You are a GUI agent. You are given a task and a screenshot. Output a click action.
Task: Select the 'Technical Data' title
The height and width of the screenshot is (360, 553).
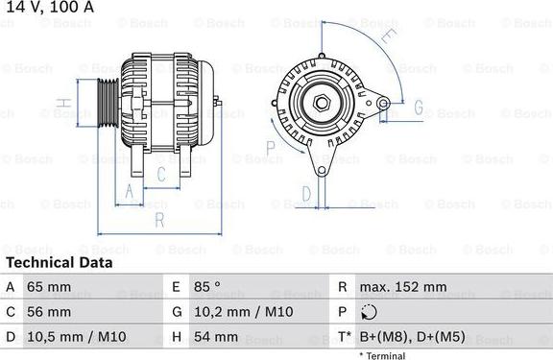(x=59, y=262)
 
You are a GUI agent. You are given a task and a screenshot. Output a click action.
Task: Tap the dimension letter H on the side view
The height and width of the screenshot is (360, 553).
(x=60, y=104)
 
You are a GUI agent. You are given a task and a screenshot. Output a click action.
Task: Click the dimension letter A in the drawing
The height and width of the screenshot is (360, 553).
(x=129, y=192)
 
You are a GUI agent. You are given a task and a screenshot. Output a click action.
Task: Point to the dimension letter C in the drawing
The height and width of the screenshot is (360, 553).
(x=161, y=174)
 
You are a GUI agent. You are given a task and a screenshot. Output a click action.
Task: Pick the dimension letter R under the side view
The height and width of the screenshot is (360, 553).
(x=159, y=220)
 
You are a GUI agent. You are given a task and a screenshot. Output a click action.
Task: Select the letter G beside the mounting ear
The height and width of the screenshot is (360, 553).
(x=418, y=107)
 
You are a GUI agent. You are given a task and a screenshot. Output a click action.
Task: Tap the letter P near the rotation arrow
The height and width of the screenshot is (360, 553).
(x=271, y=146)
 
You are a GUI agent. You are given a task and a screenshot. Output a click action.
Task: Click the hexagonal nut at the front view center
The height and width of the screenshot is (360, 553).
(x=320, y=101)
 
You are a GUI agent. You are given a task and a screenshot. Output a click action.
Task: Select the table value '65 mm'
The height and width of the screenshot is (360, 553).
(x=50, y=287)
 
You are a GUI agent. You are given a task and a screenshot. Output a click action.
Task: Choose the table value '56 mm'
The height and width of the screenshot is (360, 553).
(x=50, y=312)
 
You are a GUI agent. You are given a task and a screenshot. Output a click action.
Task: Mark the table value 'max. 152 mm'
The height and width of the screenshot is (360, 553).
(x=403, y=287)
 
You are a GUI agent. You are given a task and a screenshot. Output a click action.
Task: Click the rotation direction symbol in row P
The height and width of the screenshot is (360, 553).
(x=372, y=312)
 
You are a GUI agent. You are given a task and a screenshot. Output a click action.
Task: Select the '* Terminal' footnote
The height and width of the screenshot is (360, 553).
(x=381, y=354)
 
